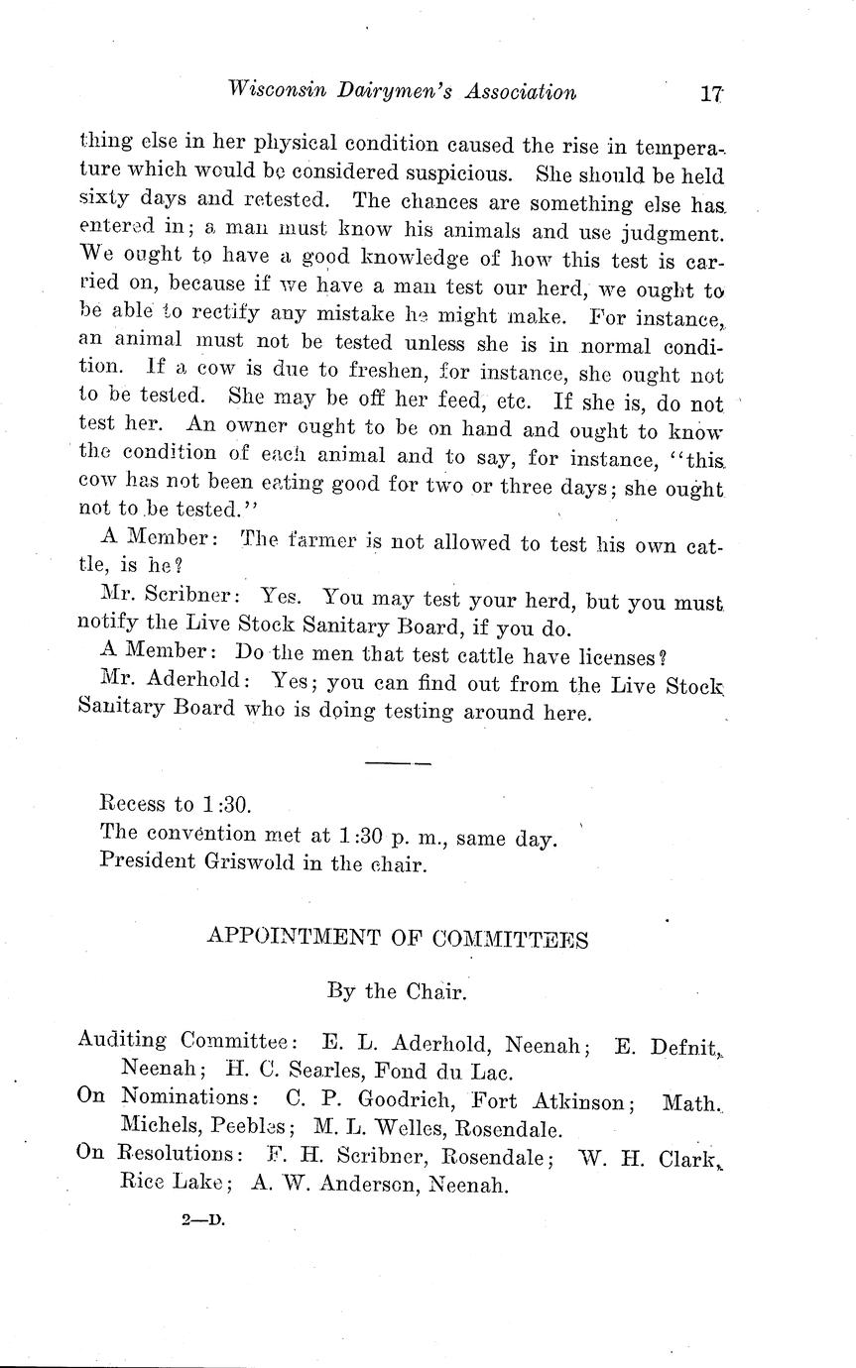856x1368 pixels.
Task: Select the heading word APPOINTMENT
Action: [284, 939]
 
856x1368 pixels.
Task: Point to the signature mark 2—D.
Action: [204, 1221]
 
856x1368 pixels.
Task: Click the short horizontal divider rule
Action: [398, 763]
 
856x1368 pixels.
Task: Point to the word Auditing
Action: [122, 1042]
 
